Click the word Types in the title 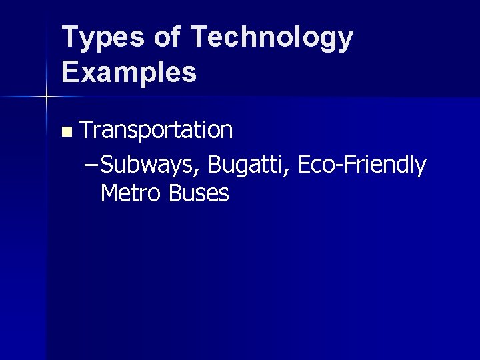tap(100, 37)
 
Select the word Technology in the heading tap(271, 37)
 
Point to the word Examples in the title tap(129, 71)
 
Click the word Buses tap(199, 193)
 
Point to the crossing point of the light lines tap(47, 97)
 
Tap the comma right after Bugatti tap(289, 171)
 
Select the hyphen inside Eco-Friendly tap(344, 165)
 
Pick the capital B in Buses tap(175, 193)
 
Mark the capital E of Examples tap(69, 71)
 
